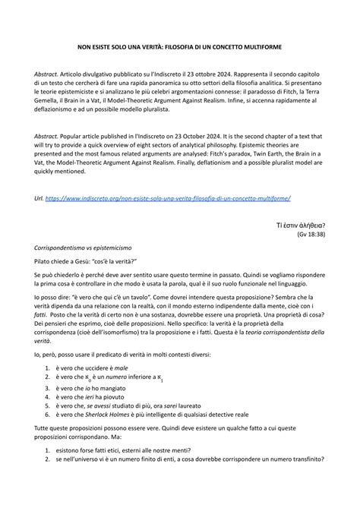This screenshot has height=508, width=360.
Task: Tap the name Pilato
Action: tap(44, 261)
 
